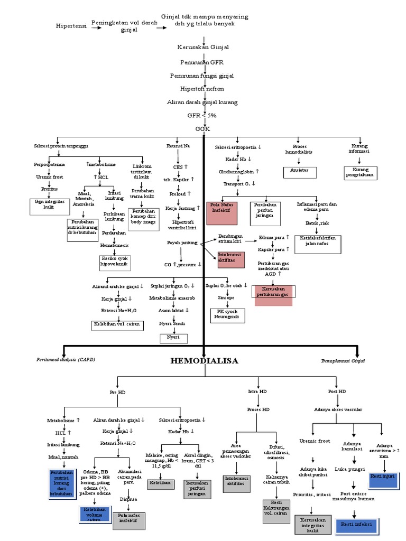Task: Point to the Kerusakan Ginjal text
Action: [x=203, y=48]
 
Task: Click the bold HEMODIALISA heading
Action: [x=204, y=361]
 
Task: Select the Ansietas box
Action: [x=299, y=171]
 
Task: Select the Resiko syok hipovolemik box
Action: [x=115, y=262]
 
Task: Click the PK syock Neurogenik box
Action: [x=227, y=314]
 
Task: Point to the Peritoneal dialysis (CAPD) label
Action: [x=66, y=360]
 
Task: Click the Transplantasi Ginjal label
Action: [x=343, y=361]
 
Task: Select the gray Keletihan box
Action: [x=159, y=483]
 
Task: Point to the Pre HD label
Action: [x=117, y=393]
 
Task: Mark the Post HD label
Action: [x=337, y=391]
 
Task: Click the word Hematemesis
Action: [x=115, y=245]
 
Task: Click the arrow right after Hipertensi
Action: [x=96, y=27]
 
